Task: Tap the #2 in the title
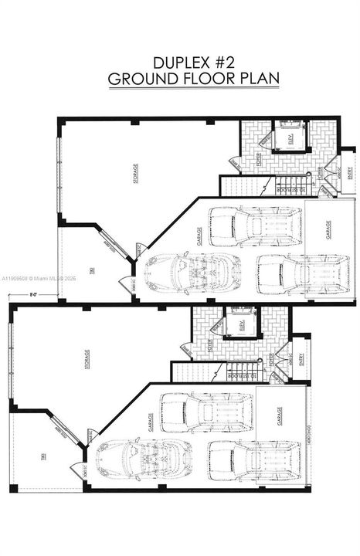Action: tap(224, 62)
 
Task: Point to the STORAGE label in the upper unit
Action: tap(136, 171)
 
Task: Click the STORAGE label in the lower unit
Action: tap(87, 360)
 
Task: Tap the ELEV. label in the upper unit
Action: tap(292, 141)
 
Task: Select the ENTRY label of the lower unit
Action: tap(302, 360)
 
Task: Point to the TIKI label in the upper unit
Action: tap(91, 269)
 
